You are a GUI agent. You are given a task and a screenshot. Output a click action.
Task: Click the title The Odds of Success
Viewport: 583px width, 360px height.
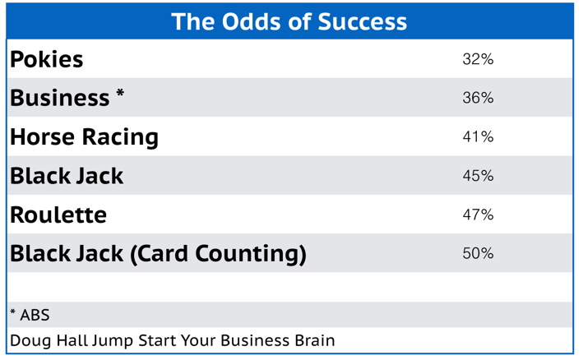289,21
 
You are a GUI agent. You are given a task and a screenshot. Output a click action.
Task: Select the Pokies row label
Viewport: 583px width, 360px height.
47,59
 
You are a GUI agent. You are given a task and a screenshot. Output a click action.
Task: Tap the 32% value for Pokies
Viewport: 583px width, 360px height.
478,59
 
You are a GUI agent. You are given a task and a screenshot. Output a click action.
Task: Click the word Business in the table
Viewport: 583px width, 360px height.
59,98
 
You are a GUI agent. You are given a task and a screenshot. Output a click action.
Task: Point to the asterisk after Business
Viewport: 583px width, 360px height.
120,94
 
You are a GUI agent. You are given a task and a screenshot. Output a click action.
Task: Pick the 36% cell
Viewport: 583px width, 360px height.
478,98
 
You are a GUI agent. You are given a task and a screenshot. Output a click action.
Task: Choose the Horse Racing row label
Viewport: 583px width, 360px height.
84,136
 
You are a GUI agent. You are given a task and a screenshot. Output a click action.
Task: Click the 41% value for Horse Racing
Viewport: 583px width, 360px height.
478,136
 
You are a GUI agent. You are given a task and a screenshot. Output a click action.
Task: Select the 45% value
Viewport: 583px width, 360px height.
478,176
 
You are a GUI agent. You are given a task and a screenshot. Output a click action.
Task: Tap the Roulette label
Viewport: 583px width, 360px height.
58,215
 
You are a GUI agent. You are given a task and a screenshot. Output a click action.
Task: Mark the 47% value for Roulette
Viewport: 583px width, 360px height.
478,215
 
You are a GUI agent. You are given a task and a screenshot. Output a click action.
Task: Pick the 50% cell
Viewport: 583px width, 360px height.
478,254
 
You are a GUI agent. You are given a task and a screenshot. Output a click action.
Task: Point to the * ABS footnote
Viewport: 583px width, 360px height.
30,315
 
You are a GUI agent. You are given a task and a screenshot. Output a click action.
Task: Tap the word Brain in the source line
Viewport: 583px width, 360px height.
313,340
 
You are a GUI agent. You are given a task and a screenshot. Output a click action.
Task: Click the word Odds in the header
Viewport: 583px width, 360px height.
248,21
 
